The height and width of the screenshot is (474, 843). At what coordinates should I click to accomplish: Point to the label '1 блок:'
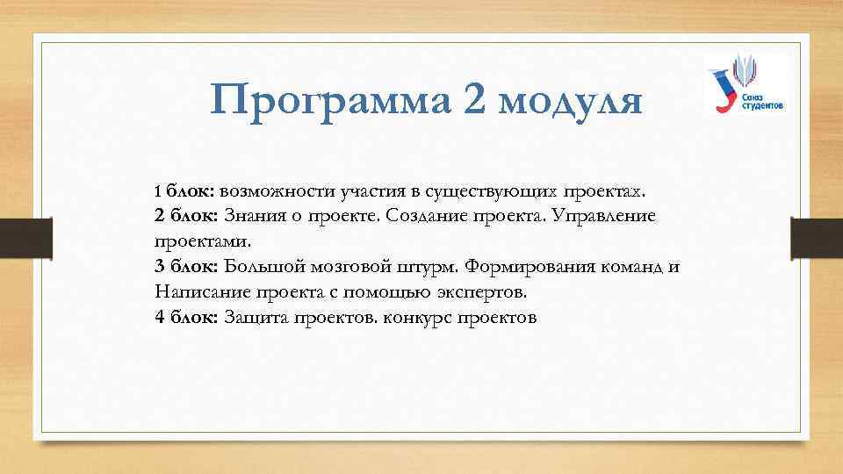[185, 190]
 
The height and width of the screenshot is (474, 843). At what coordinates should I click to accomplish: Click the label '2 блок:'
[185, 215]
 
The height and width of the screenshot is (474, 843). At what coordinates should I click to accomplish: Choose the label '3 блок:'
[185, 266]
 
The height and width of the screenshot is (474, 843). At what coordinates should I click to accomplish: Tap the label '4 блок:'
[185, 317]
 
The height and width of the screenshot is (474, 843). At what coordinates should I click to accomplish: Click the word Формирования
[527, 266]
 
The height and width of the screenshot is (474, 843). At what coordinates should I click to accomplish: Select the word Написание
[198, 291]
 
